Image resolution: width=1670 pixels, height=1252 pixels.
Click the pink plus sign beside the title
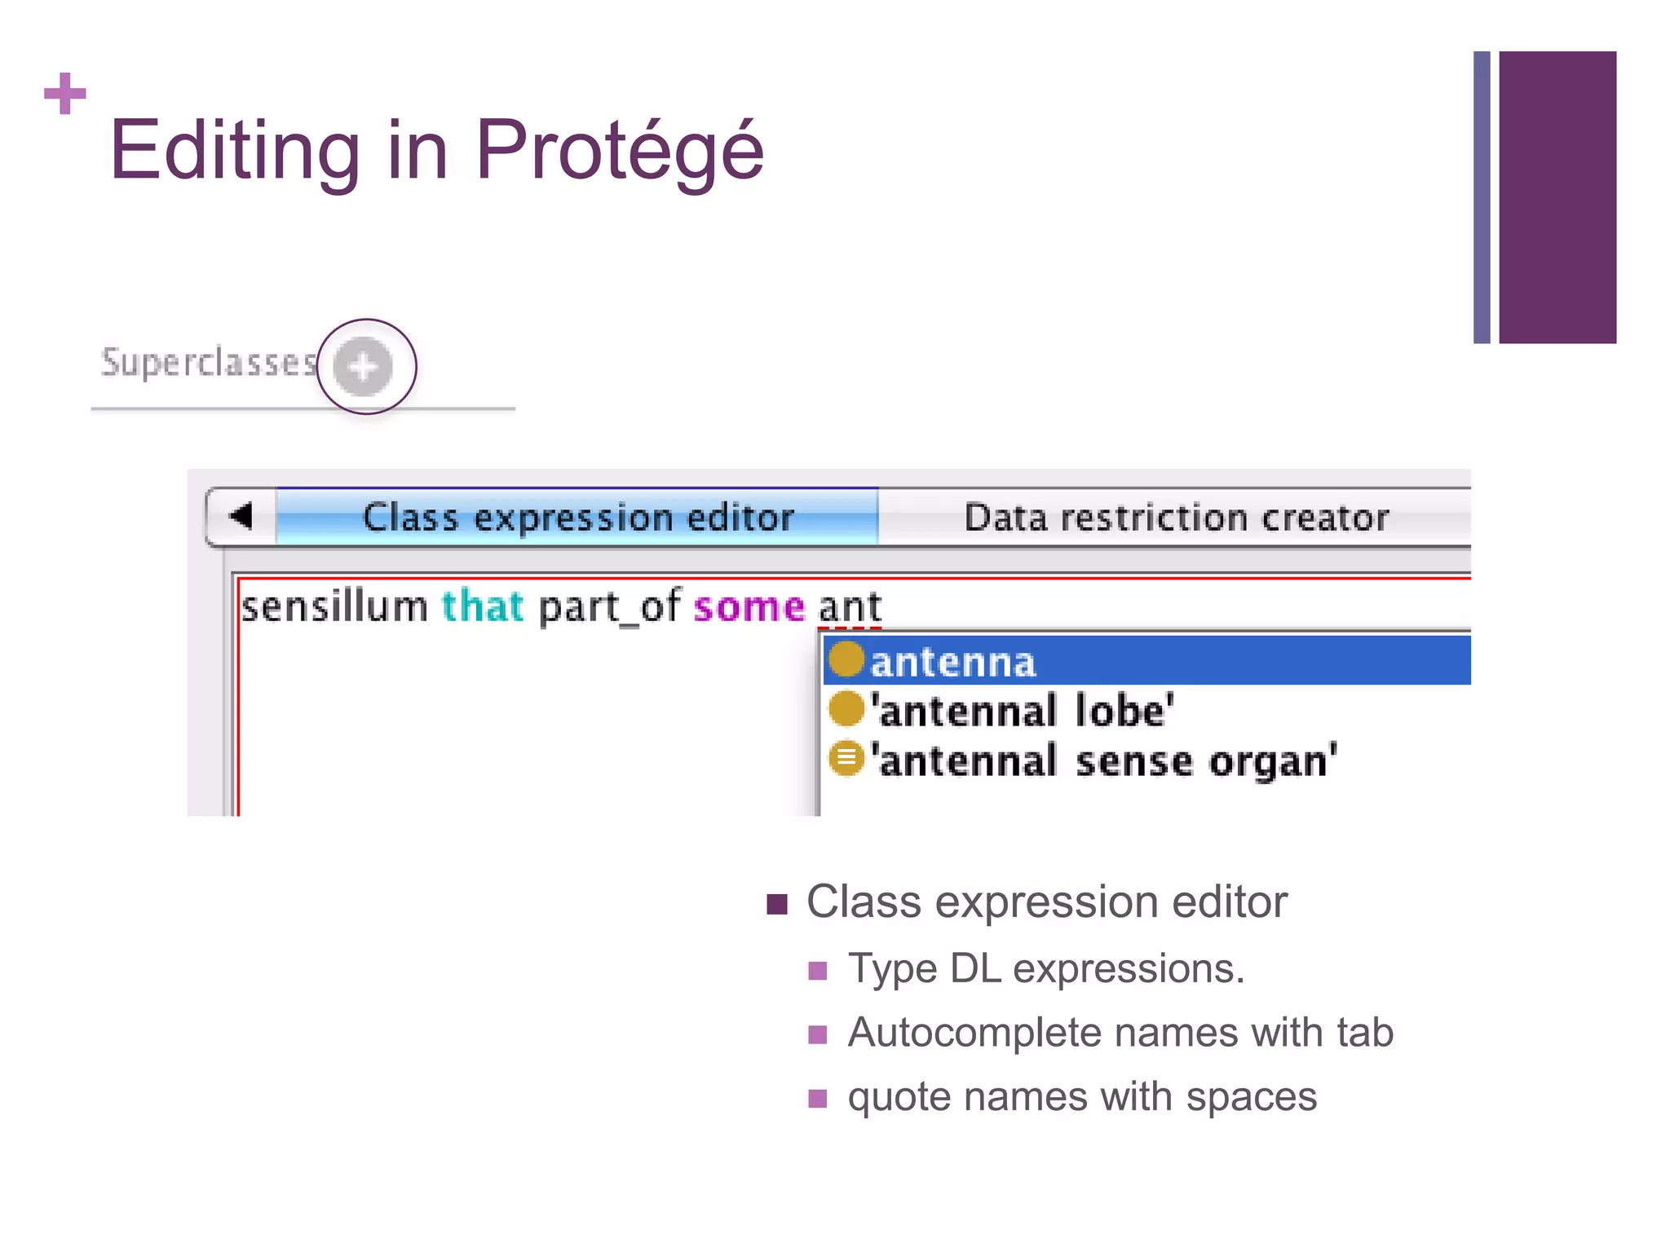point(65,94)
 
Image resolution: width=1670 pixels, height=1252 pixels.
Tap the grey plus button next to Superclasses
point(364,367)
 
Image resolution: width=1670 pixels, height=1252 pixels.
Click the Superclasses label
point(209,363)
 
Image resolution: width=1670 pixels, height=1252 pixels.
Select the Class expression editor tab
point(577,518)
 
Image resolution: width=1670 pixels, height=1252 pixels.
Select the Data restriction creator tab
point(1176,518)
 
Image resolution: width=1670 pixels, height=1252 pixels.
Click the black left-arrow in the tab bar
point(241,516)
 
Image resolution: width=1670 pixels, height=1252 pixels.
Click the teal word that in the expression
point(482,607)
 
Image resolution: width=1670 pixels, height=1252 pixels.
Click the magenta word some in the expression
point(749,607)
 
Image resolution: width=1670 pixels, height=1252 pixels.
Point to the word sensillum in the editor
point(334,607)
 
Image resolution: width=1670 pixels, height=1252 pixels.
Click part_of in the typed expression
point(608,607)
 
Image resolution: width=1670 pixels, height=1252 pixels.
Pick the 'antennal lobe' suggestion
point(1023,711)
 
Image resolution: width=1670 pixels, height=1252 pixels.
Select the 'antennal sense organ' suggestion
point(1104,760)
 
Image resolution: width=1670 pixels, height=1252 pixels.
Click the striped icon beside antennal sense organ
point(846,758)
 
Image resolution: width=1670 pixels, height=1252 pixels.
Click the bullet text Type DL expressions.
point(1045,969)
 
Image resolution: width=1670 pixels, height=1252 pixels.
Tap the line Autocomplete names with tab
point(1120,1033)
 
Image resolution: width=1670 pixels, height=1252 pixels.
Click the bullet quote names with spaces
point(1081,1097)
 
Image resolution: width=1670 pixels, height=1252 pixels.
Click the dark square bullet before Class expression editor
point(777,904)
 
